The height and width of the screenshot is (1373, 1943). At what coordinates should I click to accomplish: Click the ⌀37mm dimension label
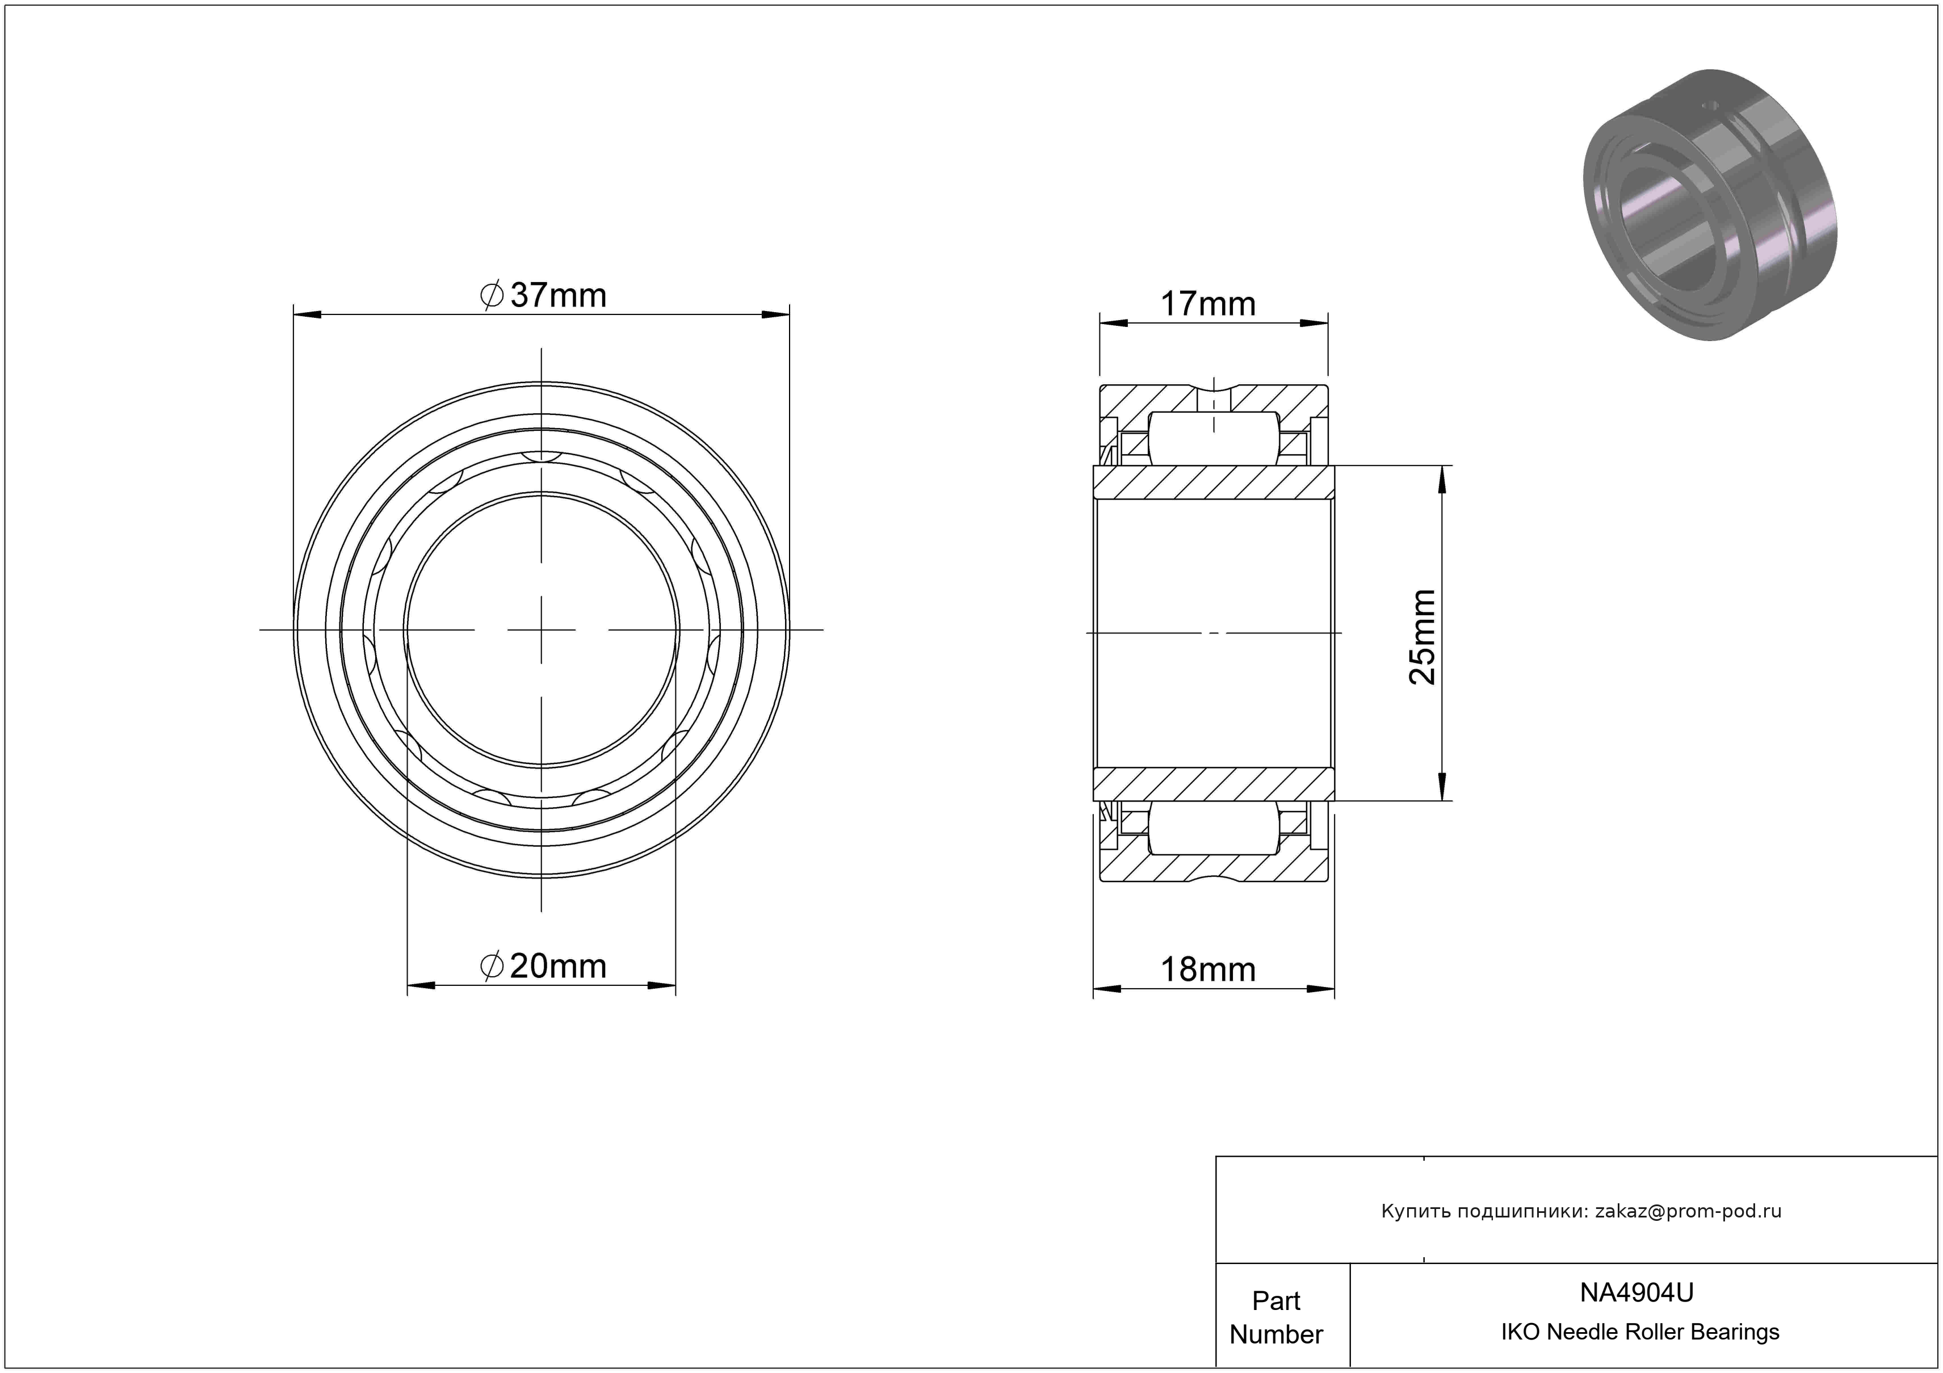543,295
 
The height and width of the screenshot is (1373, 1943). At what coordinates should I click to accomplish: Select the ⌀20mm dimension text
543,965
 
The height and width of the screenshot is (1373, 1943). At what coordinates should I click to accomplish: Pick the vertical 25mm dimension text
1422,636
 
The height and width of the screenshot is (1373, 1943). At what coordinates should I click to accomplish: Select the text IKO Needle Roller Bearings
1640,1332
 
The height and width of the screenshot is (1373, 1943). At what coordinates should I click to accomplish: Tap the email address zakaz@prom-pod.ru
1688,1211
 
